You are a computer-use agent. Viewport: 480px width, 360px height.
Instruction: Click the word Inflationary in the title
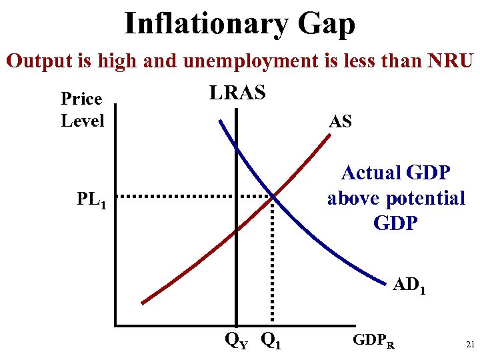pyautogui.click(x=206, y=24)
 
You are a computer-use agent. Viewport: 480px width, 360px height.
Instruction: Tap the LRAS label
pyautogui.click(x=237, y=93)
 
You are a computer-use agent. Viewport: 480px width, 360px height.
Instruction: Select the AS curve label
pyautogui.click(x=340, y=121)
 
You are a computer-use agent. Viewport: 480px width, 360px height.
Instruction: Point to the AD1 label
pyautogui.click(x=409, y=285)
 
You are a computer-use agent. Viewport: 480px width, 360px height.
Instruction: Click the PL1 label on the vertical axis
pyautogui.click(x=91, y=199)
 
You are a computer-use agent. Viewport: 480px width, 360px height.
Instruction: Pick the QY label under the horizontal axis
pyautogui.click(x=236, y=341)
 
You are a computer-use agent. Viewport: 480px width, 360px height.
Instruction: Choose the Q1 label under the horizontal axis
pyautogui.click(x=270, y=341)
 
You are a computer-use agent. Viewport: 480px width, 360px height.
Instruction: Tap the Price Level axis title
pyautogui.click(x=82, y=109)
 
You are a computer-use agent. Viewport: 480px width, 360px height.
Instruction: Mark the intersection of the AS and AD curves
pyautogui.click(x=273, y=197)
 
